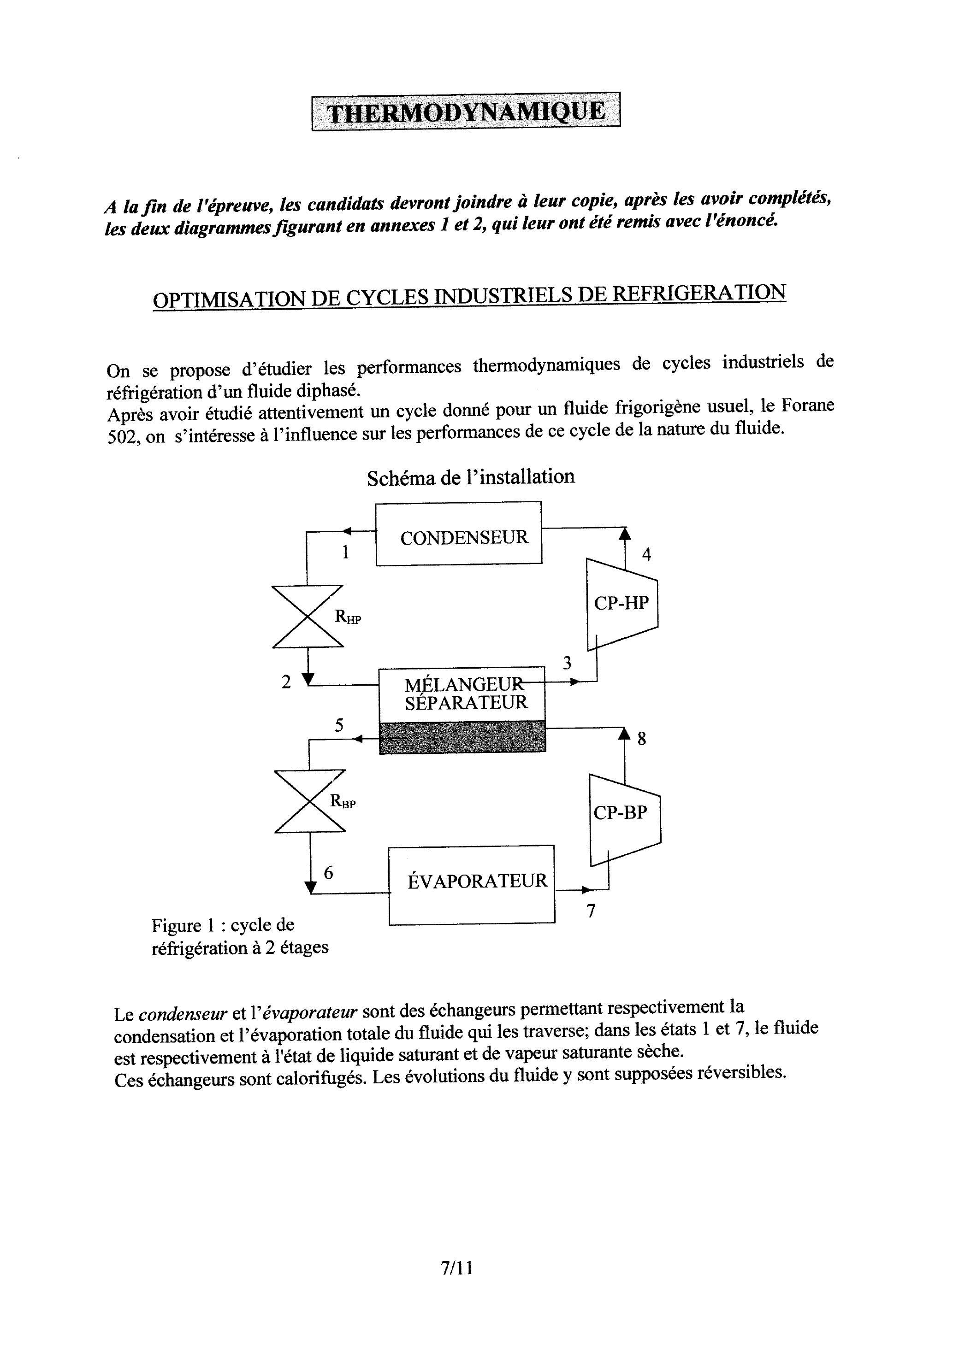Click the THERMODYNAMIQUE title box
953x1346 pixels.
click(x=465, y=112)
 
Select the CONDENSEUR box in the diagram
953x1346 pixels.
click(x=458, y=534)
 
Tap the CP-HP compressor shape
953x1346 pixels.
click(x=622, y=604)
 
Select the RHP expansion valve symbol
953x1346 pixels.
click(x=308, y=616)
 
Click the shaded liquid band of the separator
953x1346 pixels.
click(x=462, y=737)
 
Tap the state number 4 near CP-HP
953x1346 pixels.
click(x=646, y=554)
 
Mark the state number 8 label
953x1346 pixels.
click(x=641, y=739)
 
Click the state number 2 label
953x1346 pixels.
click(x=286, y=682)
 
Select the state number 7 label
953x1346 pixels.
click(x=591, y=911)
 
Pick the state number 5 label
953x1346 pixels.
click(x=339, y=725)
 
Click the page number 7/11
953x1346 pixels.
click(x=456, y=1268)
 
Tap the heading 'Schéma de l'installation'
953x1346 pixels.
click(x=471, y=477)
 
